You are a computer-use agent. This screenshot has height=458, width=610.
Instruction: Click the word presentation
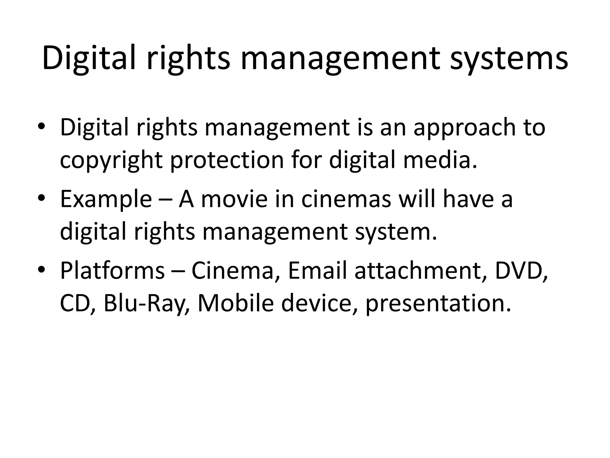click(x=438, y=304)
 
